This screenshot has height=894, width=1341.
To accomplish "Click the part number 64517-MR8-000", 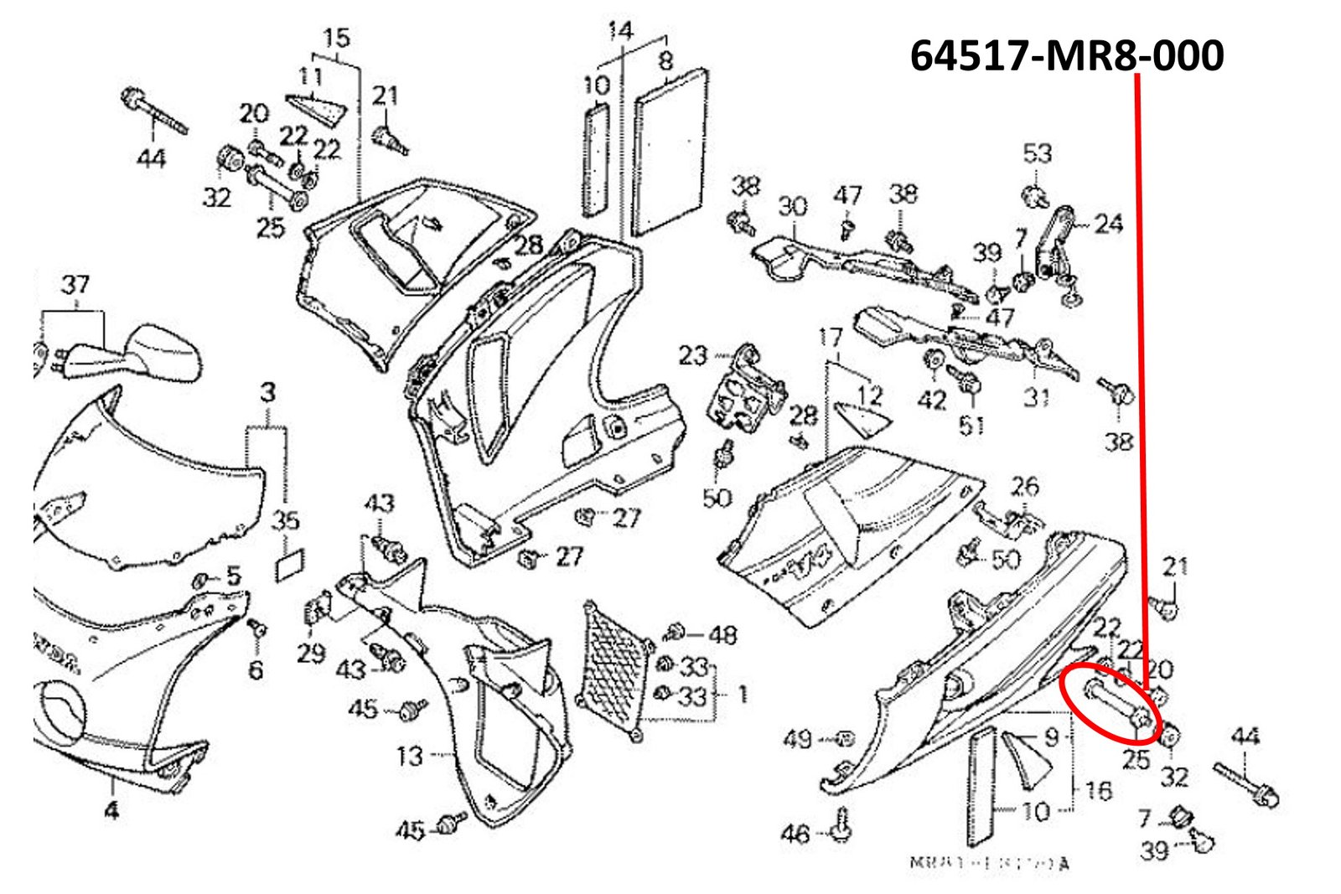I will point(1066,55).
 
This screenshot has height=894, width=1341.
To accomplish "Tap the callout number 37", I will point(75,285).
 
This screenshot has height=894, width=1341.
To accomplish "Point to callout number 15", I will point(335,39).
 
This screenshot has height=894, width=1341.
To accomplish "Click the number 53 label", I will point(1037,153).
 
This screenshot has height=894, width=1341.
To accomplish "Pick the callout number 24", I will point(1108,224).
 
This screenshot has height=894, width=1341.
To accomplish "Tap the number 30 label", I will point(792,206).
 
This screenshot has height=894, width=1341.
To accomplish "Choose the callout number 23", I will point(693,355).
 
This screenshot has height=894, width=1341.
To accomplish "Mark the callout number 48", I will point(722,634).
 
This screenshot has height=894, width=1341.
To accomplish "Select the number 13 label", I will point(409,757).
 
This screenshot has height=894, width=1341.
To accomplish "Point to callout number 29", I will point(311,652).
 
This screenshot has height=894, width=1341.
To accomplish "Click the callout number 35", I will point(286,519).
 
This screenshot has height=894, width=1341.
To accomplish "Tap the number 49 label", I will point(797,738).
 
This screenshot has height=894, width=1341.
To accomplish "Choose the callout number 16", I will point(1098,790).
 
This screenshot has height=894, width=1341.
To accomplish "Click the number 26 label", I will point(1024,487).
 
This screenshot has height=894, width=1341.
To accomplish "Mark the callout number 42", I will point(932,400).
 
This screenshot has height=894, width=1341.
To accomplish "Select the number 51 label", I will point(972,425).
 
